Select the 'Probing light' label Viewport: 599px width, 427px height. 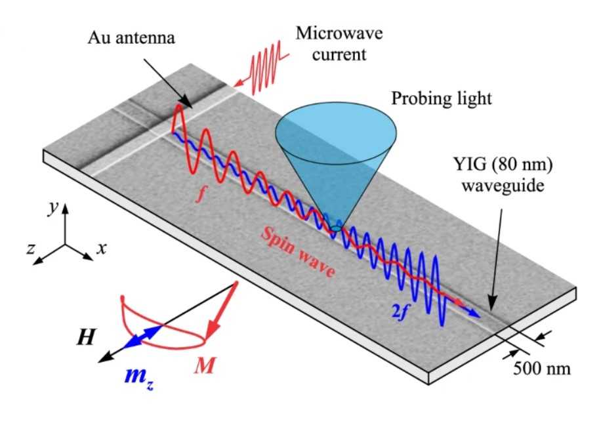coord(442,99)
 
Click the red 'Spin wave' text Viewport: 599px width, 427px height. coord(299,253)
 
